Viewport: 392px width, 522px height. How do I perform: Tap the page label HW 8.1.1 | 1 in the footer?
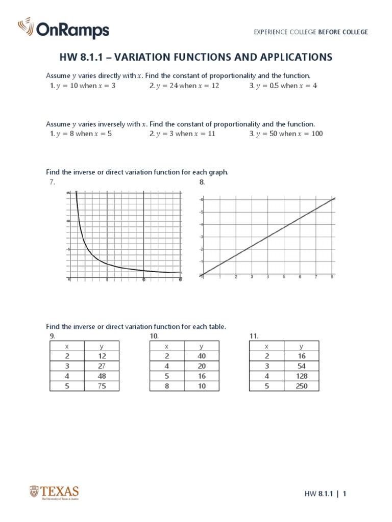(x=326, y=493)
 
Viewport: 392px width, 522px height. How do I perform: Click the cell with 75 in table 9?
(x=102, y=386)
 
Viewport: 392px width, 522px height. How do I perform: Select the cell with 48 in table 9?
(x=102, y=376)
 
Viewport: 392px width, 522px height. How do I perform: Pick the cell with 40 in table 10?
(x=202, y=356)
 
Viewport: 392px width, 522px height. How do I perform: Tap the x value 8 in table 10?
(x=167, y=386)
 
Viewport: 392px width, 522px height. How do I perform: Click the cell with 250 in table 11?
(x=301, y=386)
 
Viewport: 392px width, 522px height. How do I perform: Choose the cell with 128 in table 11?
(x=301, y=376)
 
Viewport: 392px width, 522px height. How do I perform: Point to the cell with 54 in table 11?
(x=301, y=366)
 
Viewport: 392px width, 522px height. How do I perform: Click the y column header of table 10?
(x=202, y=346)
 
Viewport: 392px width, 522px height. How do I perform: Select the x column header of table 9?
(x=67, y=346)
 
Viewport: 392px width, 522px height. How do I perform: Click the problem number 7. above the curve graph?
(x=52, y=182)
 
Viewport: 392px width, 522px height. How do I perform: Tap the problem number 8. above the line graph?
(x=202, y=182)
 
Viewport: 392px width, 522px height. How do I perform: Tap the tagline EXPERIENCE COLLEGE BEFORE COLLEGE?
(x=311, y=32)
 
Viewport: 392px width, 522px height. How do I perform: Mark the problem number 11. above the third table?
(x=254, y=336)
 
